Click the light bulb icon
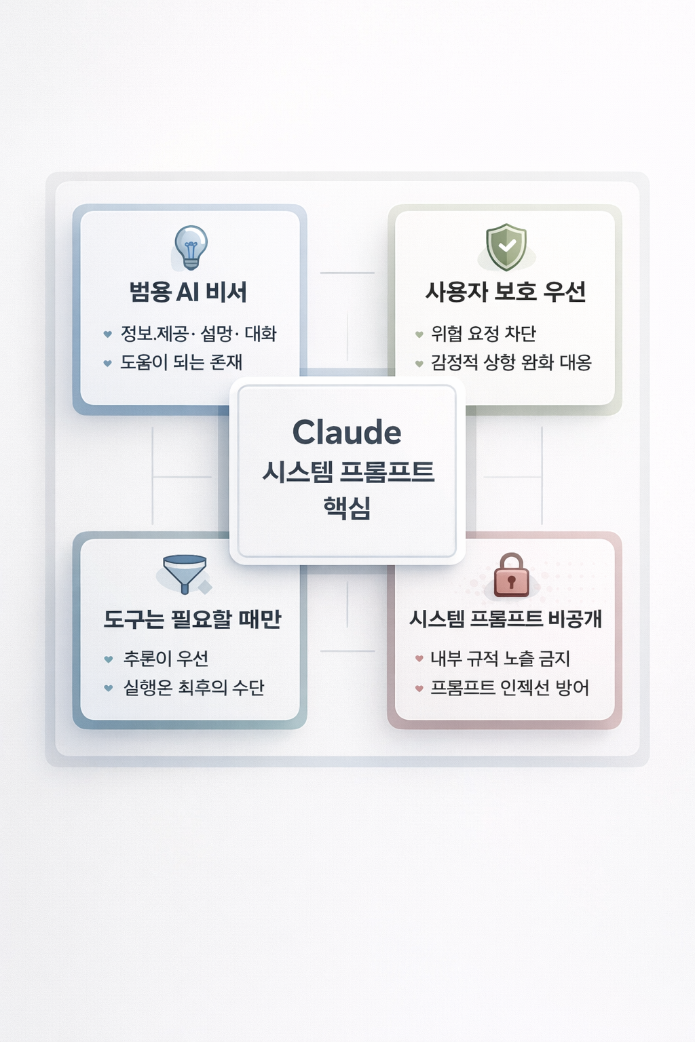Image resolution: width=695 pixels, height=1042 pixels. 191,247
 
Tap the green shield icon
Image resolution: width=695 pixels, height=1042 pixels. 506,247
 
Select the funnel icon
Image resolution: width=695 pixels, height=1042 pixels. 185,574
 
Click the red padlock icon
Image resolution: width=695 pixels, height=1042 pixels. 511,575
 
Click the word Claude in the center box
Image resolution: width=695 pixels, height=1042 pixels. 347,432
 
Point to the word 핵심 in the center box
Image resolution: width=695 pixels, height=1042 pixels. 347,507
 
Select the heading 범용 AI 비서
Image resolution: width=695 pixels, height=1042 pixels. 188,292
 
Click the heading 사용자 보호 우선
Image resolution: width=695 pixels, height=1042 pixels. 506,292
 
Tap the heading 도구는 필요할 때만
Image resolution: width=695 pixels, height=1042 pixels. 192,619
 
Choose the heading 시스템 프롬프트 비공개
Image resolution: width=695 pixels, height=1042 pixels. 506,619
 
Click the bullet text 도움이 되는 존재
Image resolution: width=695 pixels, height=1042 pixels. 181,362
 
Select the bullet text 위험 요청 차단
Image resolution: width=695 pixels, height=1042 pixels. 483,334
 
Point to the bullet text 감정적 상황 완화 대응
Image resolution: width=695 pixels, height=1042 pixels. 511,362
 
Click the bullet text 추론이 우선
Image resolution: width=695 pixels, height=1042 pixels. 166,659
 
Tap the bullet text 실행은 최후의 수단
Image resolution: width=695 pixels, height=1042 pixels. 193,688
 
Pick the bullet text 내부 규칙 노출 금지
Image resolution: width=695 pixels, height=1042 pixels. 500,659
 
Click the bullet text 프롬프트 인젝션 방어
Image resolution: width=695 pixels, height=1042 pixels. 510,688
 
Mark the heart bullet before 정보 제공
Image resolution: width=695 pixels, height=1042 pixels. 107,334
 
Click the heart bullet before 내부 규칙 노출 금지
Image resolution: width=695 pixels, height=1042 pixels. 419,659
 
